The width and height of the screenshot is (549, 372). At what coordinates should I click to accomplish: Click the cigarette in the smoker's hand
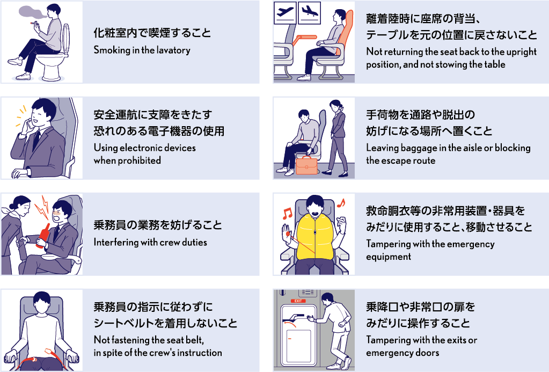[34, 23]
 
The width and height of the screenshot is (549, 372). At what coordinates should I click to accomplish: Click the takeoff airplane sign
[285, 12]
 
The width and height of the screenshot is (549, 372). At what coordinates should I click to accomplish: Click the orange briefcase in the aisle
[307, 165]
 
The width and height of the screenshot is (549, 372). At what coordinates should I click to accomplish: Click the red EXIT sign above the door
[298, 301]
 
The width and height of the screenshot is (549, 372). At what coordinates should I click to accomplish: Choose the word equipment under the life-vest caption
[389, 257]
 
